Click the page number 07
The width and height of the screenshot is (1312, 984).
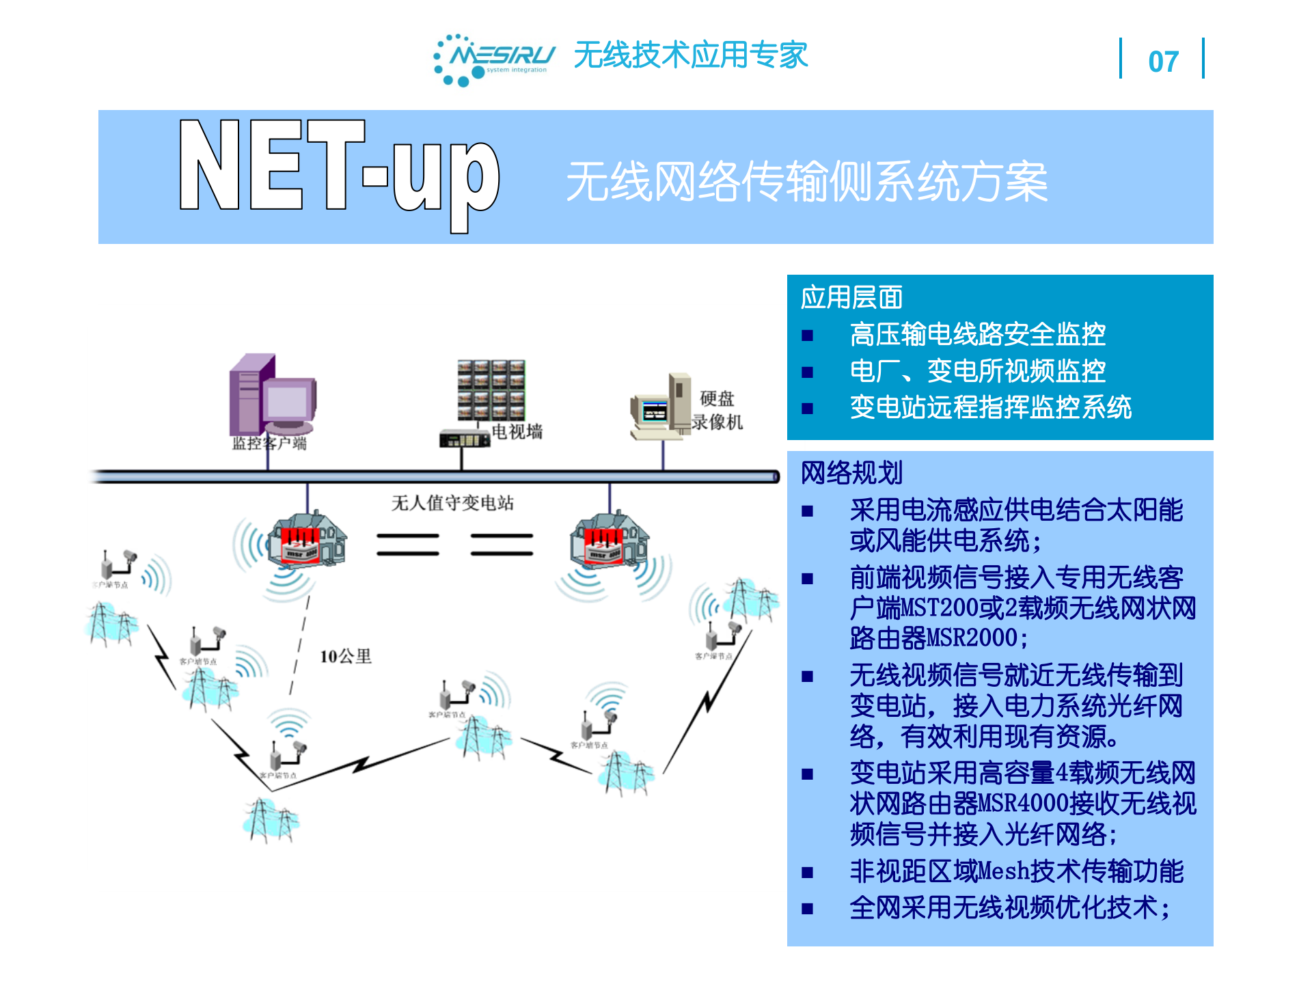(1162, 61)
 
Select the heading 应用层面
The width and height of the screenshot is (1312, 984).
(851, 298)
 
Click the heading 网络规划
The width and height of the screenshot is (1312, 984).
(851, 473)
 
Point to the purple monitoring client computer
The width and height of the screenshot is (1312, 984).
(272, 395)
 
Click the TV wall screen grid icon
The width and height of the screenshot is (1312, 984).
(491, 390)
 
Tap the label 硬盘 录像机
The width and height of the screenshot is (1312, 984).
(717, 410)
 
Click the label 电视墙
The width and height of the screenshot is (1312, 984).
(517, 432)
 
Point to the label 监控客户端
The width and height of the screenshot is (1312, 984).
(269, 443)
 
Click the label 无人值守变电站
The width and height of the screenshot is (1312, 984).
(452, 504)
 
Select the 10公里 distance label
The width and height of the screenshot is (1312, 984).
(346, 657)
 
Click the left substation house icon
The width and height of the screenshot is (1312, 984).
(307, 540)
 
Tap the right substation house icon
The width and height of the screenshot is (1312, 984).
(609, 540)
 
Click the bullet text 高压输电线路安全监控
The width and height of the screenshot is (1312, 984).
(977, 335)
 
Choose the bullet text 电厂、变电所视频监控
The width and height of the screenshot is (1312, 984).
(977, 372)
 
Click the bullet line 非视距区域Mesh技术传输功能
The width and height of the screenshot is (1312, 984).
(1016, 871)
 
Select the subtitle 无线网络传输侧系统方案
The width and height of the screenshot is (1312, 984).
(806, 182)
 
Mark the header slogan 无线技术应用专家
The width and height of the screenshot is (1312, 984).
(690, 55)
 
